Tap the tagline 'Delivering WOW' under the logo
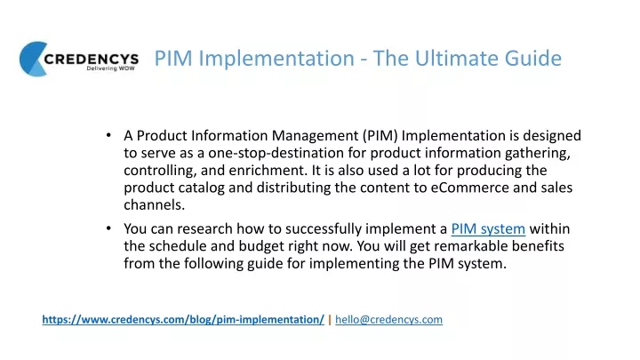point(110,68)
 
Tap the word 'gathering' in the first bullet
point(537,154)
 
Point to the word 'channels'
point(154,205)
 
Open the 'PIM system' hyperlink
point(488,229)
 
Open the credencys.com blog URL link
point(183,320)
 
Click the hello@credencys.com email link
point(389,320)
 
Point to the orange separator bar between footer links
point(330,320)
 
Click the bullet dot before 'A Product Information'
point(108,135)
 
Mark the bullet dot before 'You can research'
point(108,228)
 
